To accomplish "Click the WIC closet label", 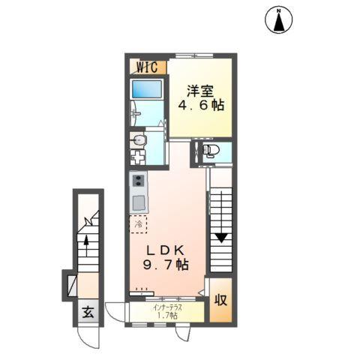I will click(145, 66).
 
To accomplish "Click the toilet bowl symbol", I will click(211, 151).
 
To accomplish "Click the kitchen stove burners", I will click(137, 181).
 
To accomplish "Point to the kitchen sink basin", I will click(137, 202).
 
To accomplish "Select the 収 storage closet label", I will click(221, 301).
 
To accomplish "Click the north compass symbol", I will click(279, 20).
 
